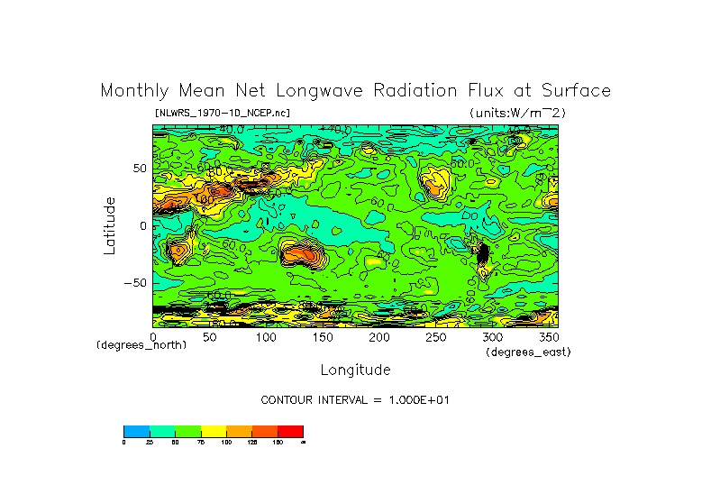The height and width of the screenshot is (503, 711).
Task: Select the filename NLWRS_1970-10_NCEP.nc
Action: point(222,114)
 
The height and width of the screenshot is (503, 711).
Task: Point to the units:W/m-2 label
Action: point(517,113)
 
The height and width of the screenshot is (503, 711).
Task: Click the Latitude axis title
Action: point(110,225)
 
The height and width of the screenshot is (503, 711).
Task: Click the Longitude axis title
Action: point(355,370)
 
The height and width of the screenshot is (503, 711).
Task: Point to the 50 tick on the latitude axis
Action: point(139,169)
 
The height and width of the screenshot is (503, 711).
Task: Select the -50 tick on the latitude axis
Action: point(135,282)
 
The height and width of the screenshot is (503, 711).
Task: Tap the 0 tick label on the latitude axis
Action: point(142,225)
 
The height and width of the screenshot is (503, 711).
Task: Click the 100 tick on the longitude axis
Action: point(266,336)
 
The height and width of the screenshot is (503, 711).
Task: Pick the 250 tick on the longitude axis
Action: point(434,336)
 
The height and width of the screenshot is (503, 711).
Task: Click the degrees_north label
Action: point(141,345)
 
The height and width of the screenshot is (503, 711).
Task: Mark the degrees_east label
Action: point(528,352)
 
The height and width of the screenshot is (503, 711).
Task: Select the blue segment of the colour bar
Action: point(136,431)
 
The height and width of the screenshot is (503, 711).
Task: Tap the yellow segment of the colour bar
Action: point(213,431)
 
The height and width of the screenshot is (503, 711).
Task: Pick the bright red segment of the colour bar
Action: point(290,431)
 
